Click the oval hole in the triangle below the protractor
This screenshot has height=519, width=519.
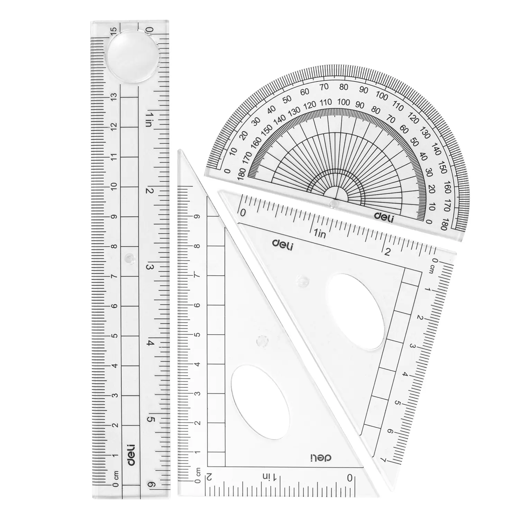click(x=355, y=311)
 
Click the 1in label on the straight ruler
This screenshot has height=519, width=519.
click(x=148, y=119)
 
